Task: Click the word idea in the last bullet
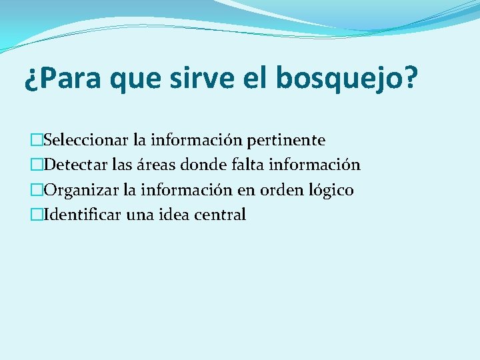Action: (x=173, y=215)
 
